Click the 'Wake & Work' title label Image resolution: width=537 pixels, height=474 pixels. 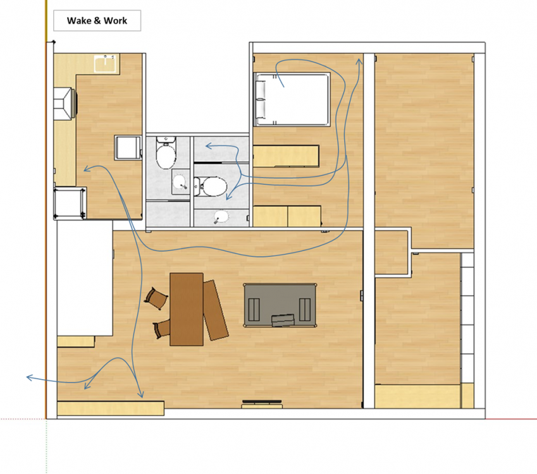(97, 20)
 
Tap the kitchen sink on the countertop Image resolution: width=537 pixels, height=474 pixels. (105, 63)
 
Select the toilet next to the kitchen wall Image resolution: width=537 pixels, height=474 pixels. (166, 153)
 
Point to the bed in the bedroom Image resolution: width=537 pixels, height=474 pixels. (292, 99)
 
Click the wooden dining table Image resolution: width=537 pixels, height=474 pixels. (187, 309)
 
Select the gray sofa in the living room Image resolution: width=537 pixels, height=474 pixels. (280, 305)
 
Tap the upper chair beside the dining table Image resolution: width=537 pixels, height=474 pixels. (156, 298)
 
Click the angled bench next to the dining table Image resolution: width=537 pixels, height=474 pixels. (216, 310)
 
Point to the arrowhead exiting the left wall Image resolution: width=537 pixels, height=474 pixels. (30, 377)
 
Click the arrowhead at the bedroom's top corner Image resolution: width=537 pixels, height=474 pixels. (359, 61)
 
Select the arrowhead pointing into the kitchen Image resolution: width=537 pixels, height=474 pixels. (87, 169)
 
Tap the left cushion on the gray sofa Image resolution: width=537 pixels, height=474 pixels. (254, 310)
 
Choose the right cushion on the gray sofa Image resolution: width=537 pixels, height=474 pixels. (305, 310)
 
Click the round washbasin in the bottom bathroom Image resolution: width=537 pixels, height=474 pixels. (221, 217)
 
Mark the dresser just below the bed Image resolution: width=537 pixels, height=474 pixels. (287, 156)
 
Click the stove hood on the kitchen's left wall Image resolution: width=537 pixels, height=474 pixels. (65, 104)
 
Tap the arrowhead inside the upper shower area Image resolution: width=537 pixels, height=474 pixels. (209, 147)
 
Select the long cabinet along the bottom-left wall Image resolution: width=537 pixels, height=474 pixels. (111, 408)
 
